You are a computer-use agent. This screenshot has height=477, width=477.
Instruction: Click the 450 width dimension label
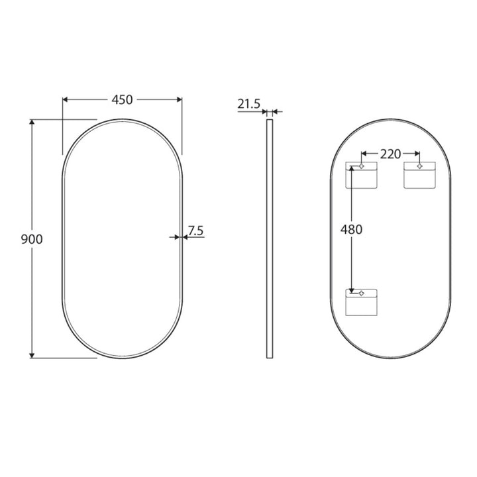122,100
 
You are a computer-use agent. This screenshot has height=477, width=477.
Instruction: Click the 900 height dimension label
32,239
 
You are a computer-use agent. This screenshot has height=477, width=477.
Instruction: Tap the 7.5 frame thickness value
195,231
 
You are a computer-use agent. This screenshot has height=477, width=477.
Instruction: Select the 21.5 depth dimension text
249,104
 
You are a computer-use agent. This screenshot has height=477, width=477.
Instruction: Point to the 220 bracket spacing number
390,154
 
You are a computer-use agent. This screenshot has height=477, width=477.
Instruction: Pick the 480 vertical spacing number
351,229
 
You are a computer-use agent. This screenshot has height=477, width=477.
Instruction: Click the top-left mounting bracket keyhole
362,166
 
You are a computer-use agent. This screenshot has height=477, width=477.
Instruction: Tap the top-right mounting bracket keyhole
419,166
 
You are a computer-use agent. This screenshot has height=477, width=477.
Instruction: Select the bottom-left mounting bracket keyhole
362,293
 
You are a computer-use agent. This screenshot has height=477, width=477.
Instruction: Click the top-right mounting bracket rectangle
419,175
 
